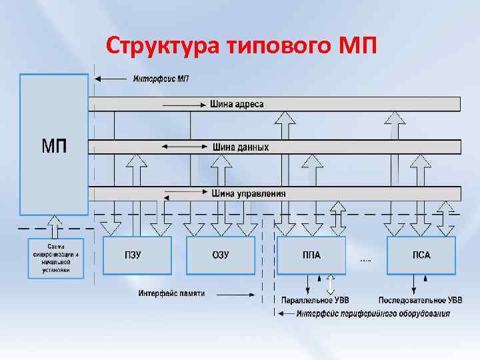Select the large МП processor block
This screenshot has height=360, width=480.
[54, 144]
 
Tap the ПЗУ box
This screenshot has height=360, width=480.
[137, 255]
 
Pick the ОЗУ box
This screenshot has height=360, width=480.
[220, 255]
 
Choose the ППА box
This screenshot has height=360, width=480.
[311, 255]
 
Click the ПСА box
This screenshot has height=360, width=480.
[421, 255]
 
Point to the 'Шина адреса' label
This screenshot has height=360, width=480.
[237, 104]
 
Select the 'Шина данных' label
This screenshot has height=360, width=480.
[241, 147]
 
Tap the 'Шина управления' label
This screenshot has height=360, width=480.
[249, 193]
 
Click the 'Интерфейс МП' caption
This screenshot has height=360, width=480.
[161, 79]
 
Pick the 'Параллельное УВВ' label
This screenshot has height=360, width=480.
[315, 301]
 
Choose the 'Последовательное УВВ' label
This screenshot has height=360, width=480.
[420, 301]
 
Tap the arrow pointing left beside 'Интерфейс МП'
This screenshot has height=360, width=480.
[111, 79]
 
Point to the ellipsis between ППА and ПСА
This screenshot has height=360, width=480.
[366, 259]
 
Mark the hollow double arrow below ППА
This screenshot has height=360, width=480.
[330, 285]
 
